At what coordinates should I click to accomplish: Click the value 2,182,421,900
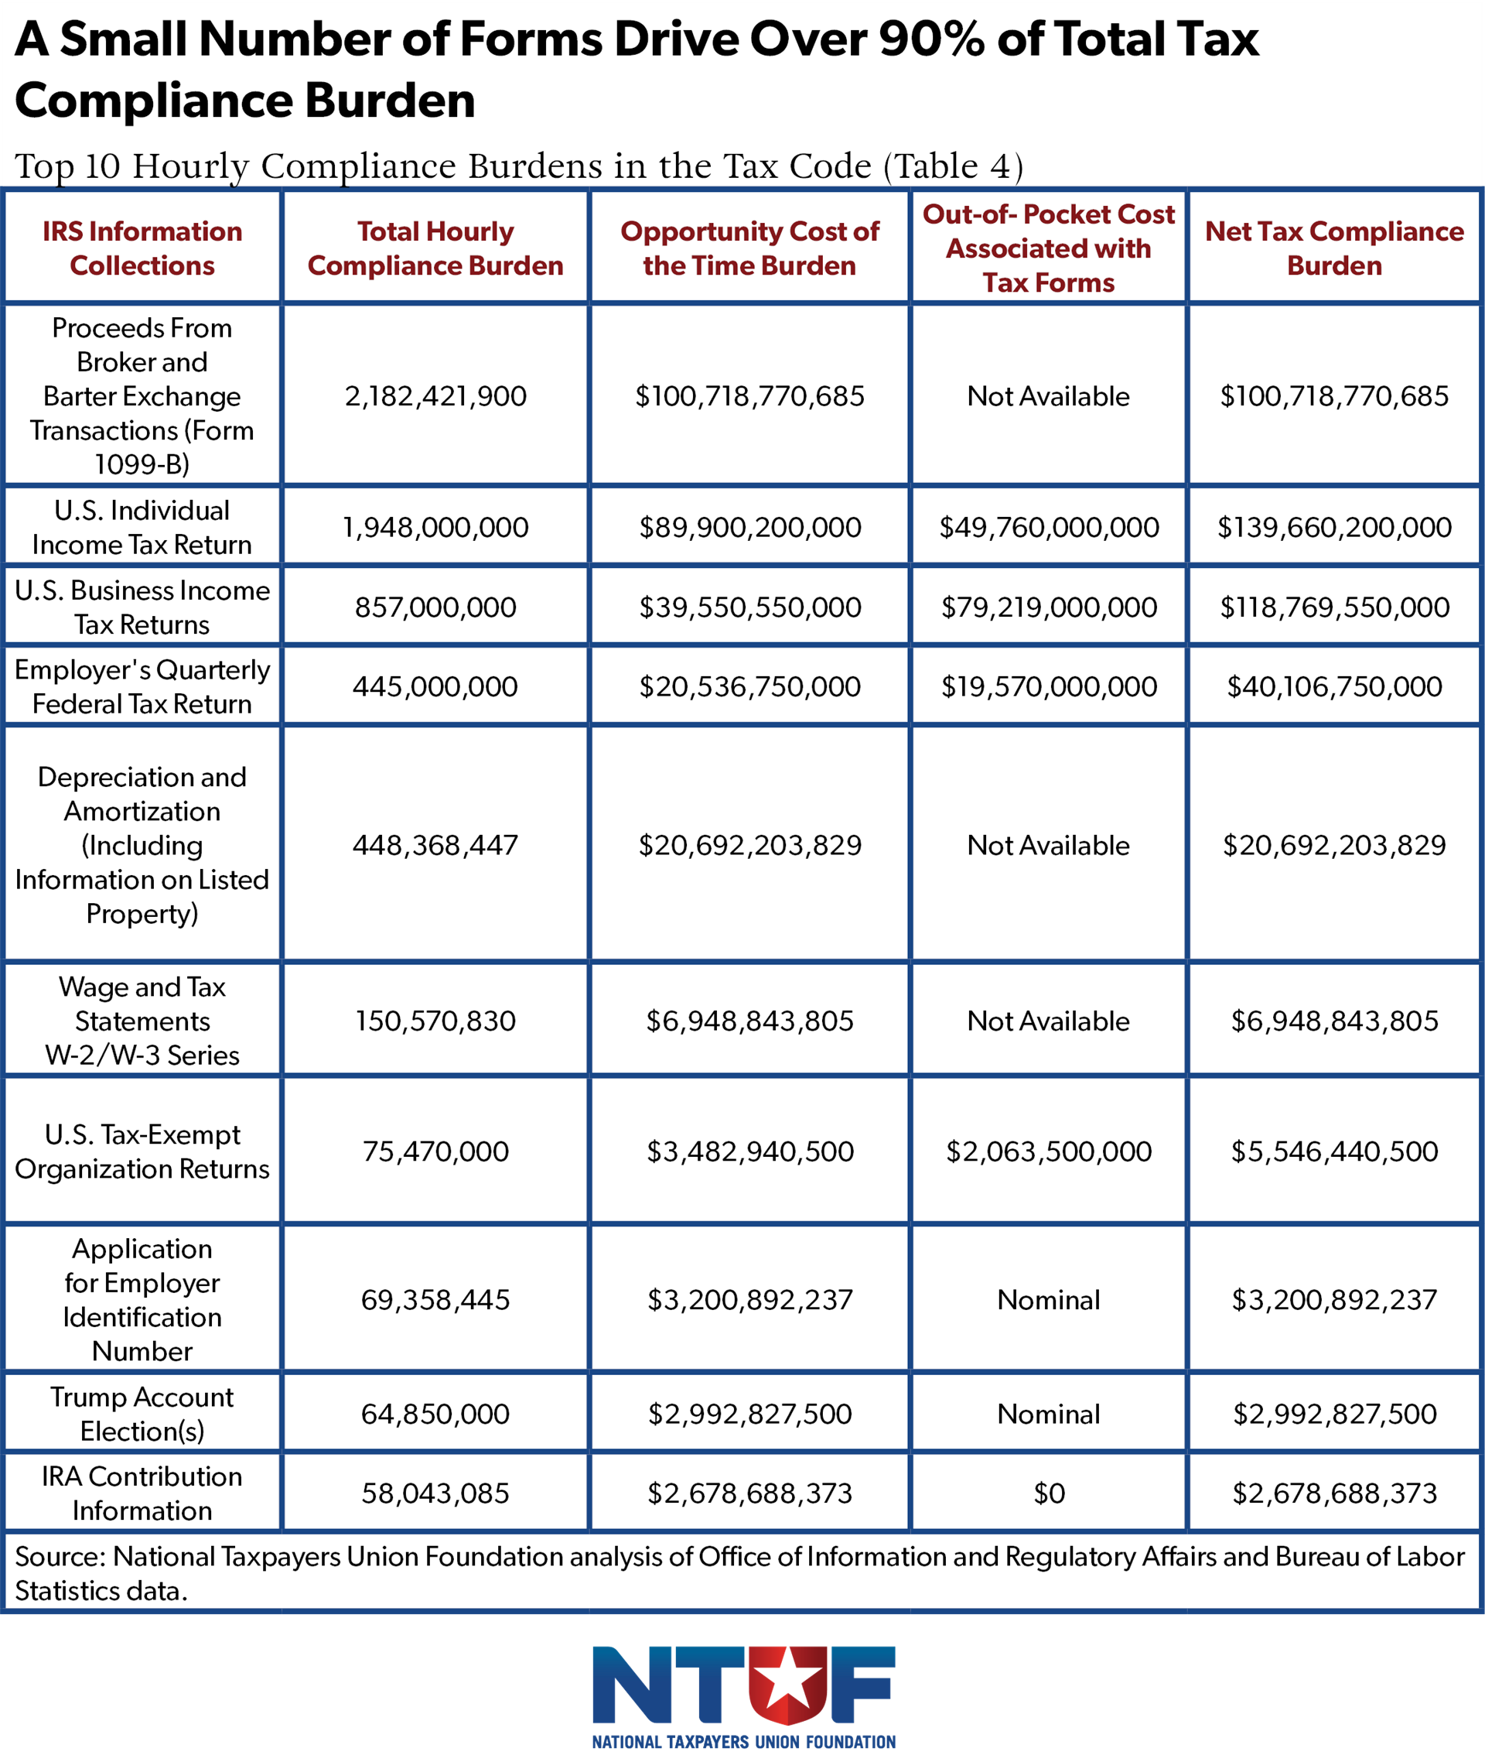pyautogui.click(x=435, y=395)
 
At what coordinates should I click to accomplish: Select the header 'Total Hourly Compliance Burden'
pyautogui.click(x=435, y=248)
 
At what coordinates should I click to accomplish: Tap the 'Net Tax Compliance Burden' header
pyautogui.click(x=1333, y=248)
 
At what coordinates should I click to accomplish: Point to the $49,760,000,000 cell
pyautogui.click(x=1048, y=527)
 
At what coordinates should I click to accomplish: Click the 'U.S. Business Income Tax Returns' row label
pyautogui.click(x=142, y=607)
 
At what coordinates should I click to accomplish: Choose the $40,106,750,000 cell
pyautogui.click(x=1333, y=686)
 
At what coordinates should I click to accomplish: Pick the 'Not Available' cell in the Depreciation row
pyautogui.click(x=1048, y=845)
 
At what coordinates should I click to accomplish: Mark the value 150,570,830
pyautogui.click(x=435, y=1021)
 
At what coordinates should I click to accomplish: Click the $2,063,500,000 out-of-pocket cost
pyautogui.click(x=1048, y=1151)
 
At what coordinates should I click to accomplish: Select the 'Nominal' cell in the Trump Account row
pyautogui.click(x=1048, y=1414)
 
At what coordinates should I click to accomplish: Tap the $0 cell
pyautogui.click(x=1048, y=1493)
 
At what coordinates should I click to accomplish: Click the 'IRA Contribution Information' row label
pyautogui.click(x=142, y=1493)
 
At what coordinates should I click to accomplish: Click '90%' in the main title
pyautogui.click(x=931, y=39)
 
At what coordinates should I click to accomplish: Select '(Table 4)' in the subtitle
pyautogui.click(x=953, y=166)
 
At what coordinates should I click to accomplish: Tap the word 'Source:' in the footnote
pyautogui.click(x=60, y=1556)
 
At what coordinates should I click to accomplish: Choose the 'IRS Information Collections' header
pyautogui.click(x=142, y=248)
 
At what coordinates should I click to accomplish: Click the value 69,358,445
pyautogui.click(x=435, y=1299)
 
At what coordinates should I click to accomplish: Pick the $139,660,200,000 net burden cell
pyautogui.click(x=1333, y=527)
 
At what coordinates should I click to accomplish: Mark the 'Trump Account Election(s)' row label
pyautogui.click(x=142, y=1414)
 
